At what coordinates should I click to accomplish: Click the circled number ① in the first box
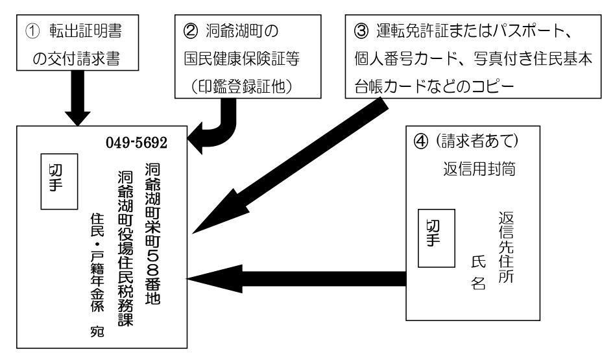[x=32, y=31]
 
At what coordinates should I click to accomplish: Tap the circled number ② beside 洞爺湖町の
[x=191, y=31]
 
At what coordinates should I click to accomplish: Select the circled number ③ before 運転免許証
[x=361, y=31]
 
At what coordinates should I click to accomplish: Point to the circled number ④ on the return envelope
[x=421, y=141]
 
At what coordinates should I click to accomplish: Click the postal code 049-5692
[x=136, y=143]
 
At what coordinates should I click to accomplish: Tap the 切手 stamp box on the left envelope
[x=60, y=182]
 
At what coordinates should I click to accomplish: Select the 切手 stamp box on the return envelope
[x=437, y=238]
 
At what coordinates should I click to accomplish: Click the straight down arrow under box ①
[x=77, y=98]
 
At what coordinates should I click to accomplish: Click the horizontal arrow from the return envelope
[x=296, y=279]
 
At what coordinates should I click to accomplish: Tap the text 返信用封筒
[x=479, y=169]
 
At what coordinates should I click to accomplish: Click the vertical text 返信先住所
[x=506, y=247]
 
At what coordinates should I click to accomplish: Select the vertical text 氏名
[x=479, y=272]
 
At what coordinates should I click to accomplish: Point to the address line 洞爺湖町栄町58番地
[x=153, y=234]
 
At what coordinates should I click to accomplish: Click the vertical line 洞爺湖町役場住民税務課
[x=125, y=248]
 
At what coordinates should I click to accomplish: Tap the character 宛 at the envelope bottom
[x=97, y=331]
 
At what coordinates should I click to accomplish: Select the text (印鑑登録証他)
[x=242, y=86]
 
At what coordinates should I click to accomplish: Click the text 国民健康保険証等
[x=242, y=58]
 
